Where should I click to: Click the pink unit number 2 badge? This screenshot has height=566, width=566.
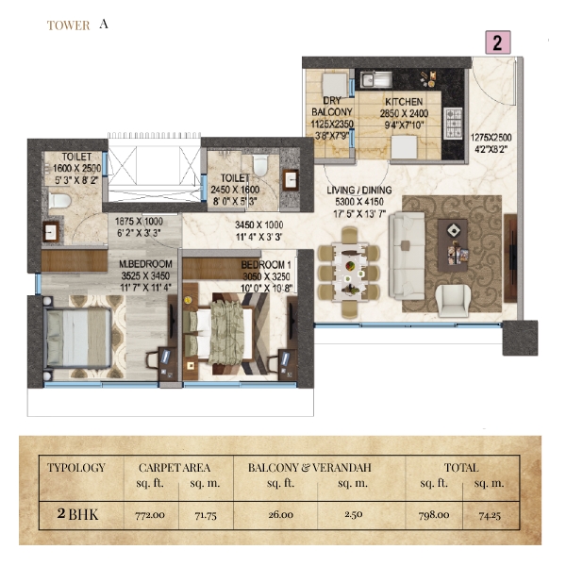point(498,42)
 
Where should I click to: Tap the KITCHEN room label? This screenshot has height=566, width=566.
point(404,102)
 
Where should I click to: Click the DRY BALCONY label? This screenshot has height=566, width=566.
point(332,107)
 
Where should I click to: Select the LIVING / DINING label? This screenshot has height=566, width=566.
point(358,190)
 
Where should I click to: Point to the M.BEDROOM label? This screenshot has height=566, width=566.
point(145,264)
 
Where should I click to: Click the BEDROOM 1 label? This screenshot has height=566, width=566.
point(266,265)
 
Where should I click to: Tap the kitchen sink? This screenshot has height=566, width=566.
point(376,79)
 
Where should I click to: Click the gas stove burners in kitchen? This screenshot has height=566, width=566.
point(454,123)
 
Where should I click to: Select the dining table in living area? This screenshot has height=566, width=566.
point(349,273)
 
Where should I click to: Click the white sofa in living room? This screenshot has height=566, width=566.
point(408,256)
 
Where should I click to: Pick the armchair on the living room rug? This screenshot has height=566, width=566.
point(453,301)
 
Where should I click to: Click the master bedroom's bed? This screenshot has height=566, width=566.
point(77,339)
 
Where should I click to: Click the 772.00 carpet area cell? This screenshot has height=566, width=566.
point(150,515)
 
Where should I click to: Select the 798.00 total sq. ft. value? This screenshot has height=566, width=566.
point(434,515)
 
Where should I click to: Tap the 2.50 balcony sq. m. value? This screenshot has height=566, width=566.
point(353,514)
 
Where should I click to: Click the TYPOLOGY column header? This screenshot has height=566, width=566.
point(76,468)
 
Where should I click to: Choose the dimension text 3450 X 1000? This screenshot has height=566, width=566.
point(258,225)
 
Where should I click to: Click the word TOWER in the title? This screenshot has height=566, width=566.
point(68,25)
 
